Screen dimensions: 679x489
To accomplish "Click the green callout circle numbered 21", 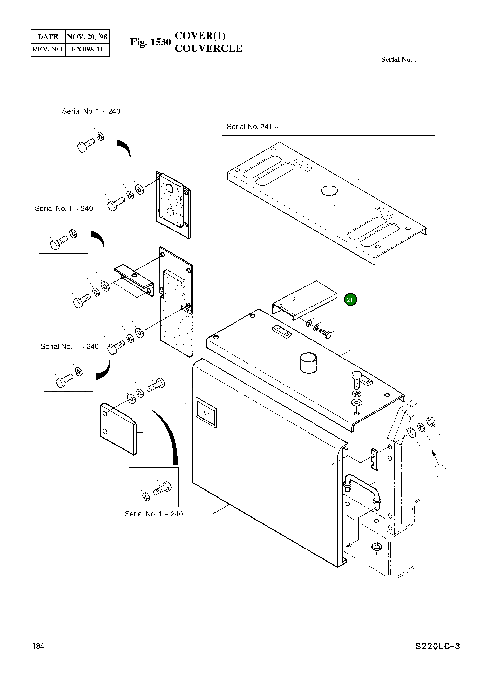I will click(350, 300).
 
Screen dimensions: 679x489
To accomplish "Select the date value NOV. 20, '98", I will click(87, 37).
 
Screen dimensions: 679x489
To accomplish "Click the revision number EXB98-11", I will click(87, 49).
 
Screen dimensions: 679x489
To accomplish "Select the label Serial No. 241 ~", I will click(252, 127).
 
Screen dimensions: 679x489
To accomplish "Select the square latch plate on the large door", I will click(206, 412).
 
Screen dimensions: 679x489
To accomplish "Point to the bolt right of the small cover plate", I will click(326, 333).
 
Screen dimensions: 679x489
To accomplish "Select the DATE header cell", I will click(48, 37).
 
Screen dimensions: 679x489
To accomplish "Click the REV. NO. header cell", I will click(48, 49).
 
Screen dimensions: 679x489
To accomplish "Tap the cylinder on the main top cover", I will click(308, 363).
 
